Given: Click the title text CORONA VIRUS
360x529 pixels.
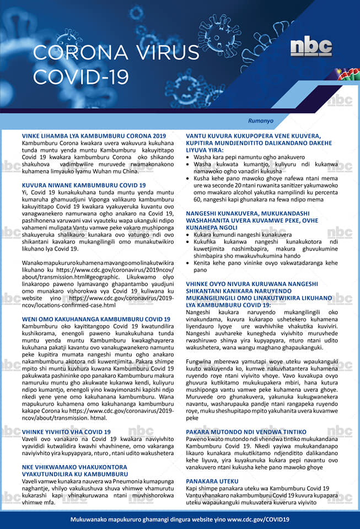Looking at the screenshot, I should [x=116, y=52].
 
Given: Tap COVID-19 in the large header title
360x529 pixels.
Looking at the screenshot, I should [x=81, y=77].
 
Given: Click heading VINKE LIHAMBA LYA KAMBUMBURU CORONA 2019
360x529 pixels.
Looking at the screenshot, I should [x=94, y=136].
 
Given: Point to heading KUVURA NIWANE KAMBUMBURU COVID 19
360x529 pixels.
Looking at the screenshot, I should [x=84, y=185].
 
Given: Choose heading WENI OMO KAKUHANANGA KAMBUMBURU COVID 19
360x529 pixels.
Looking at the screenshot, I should [x=96, y=319].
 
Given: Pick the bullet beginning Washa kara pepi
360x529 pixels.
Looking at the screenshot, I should [x=241, y=157].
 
